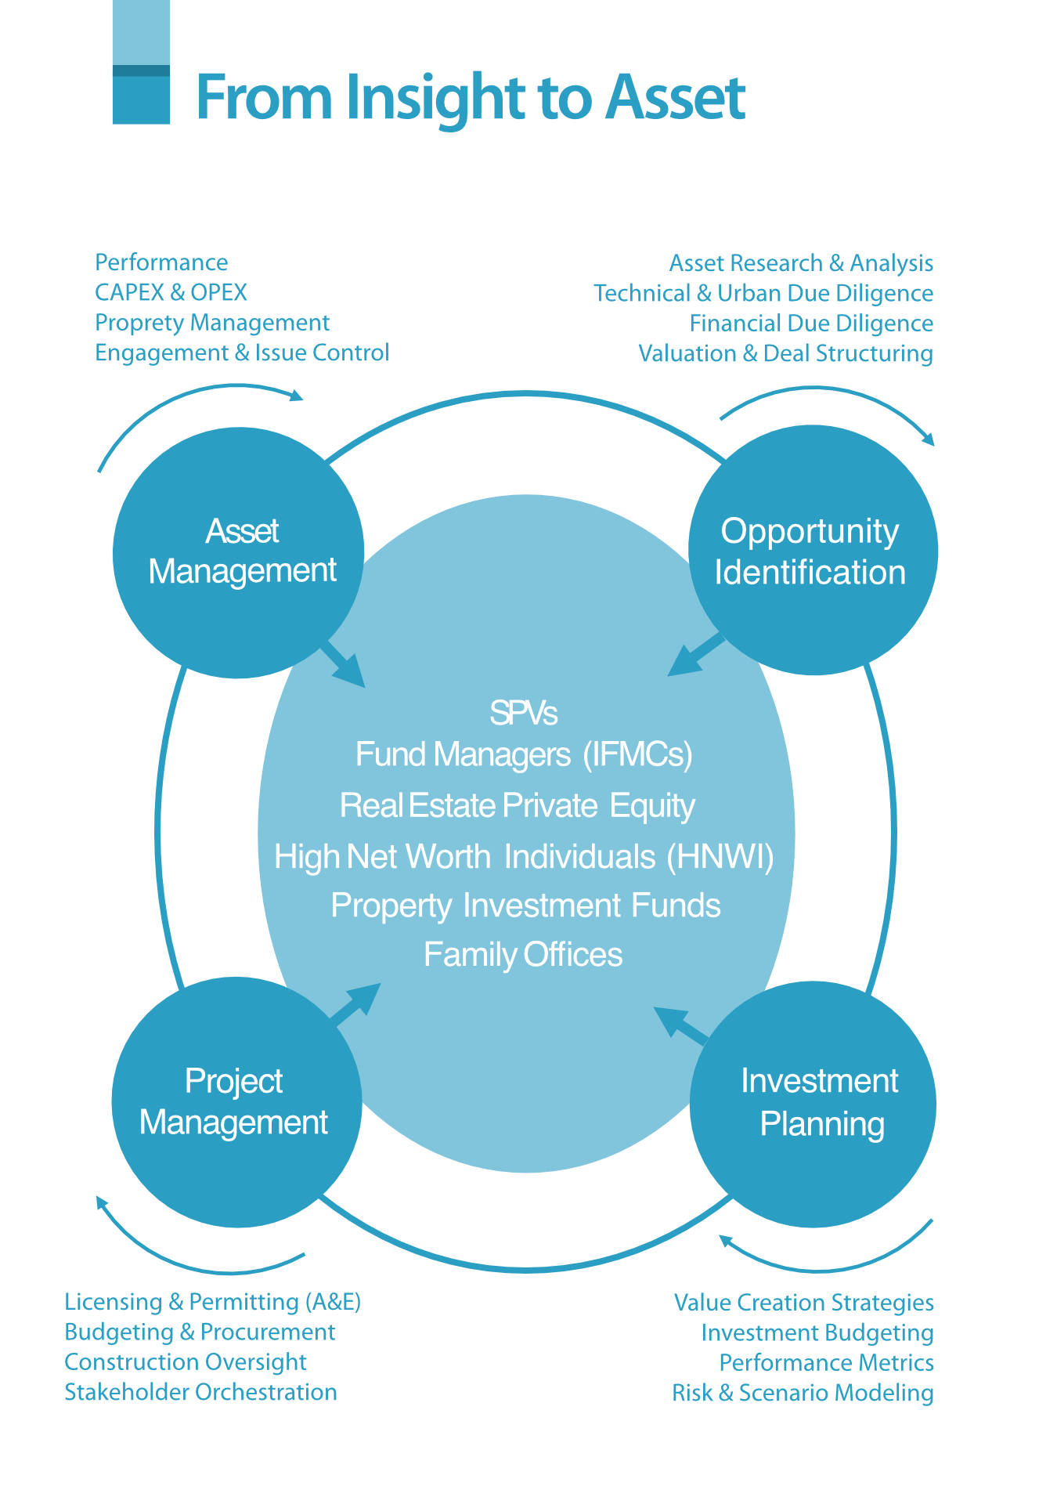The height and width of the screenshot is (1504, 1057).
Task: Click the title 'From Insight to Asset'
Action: [470, 97]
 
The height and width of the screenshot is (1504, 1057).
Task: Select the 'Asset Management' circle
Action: [238, 552]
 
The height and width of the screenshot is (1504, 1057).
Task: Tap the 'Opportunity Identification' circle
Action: [813, 550]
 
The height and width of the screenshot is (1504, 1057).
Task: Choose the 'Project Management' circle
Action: [236, 1102]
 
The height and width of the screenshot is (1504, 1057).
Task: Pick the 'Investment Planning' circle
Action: [813, 1104]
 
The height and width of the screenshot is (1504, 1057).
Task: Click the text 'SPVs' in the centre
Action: [523, 713]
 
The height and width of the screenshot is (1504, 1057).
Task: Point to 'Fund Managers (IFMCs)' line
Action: [524, 755]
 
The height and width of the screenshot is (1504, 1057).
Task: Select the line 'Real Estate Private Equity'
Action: [518, 806]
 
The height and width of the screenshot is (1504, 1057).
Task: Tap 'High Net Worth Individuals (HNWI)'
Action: [524, 857]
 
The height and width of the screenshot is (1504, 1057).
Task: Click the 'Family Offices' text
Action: [523, 955]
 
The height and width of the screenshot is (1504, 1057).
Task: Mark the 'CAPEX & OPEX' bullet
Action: [171, 292]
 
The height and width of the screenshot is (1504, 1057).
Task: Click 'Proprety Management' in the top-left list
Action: [212, 323]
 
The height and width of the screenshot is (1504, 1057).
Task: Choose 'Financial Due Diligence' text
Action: [811, 324]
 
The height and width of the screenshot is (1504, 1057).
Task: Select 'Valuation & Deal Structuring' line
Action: [785, 353]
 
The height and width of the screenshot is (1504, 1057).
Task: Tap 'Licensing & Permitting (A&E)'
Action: [213, 1302]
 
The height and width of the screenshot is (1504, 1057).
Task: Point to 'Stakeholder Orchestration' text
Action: [200, 1392]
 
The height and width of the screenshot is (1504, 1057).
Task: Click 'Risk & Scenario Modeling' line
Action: [803, 1393]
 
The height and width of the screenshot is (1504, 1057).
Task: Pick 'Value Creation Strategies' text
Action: [804, 1303]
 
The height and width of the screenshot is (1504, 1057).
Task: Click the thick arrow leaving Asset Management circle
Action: [343, 664]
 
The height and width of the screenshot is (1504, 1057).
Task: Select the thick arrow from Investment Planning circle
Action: [680, 1024]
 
